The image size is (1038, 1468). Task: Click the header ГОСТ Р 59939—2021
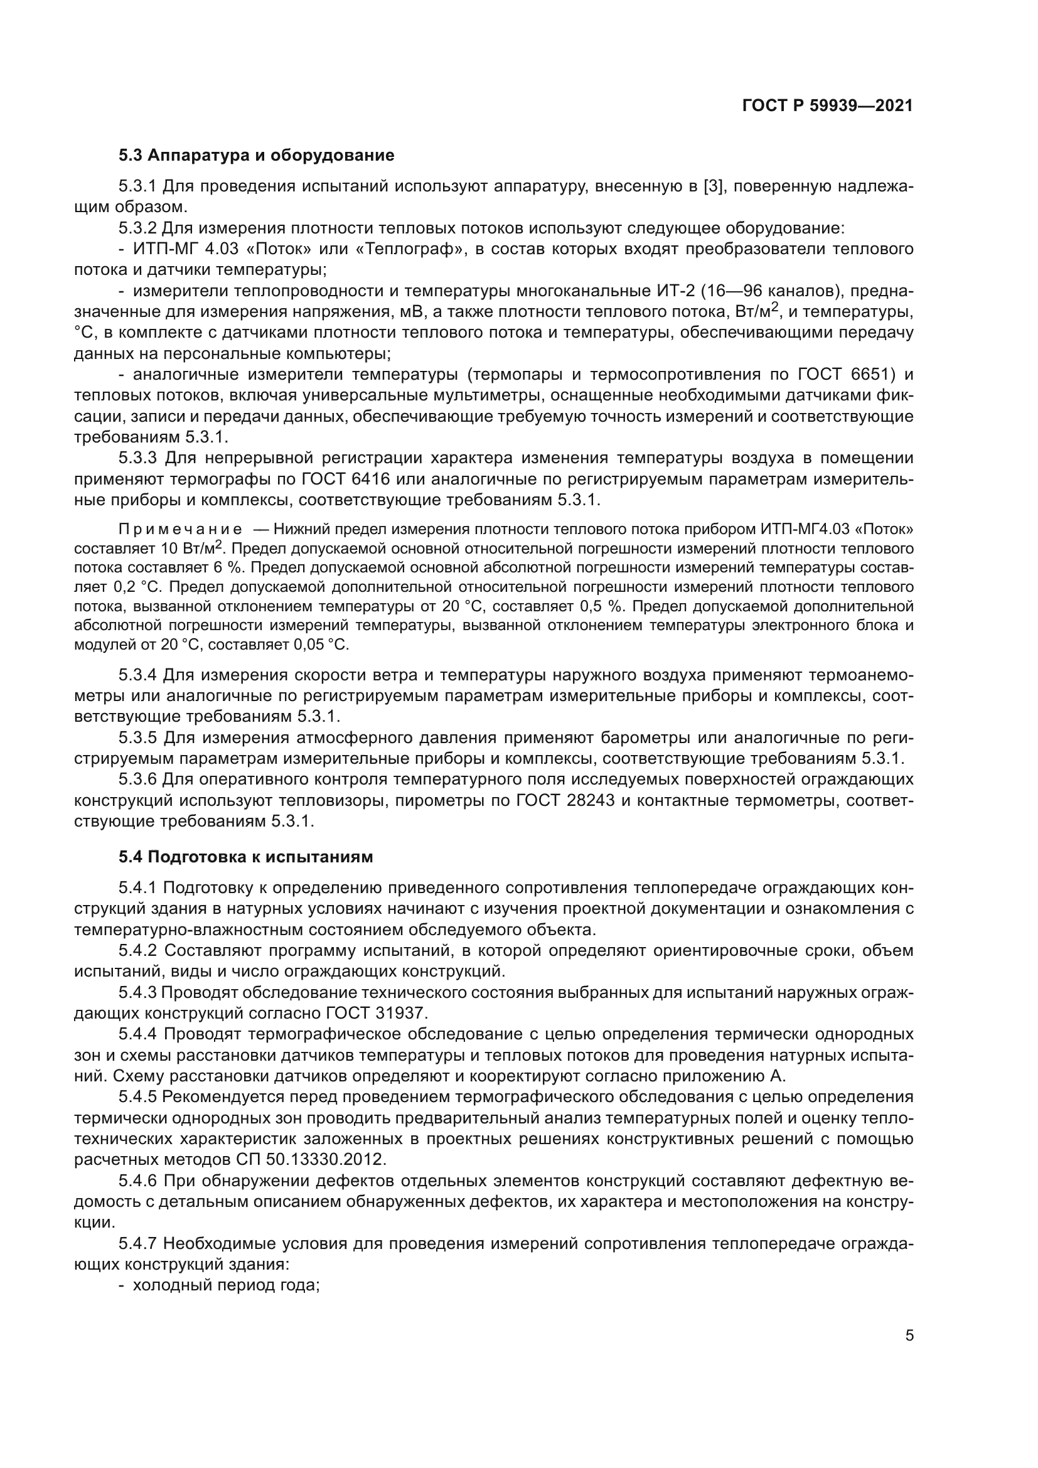827,105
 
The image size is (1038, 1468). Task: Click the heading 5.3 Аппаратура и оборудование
256,156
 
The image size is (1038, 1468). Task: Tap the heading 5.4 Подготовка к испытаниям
245,857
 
